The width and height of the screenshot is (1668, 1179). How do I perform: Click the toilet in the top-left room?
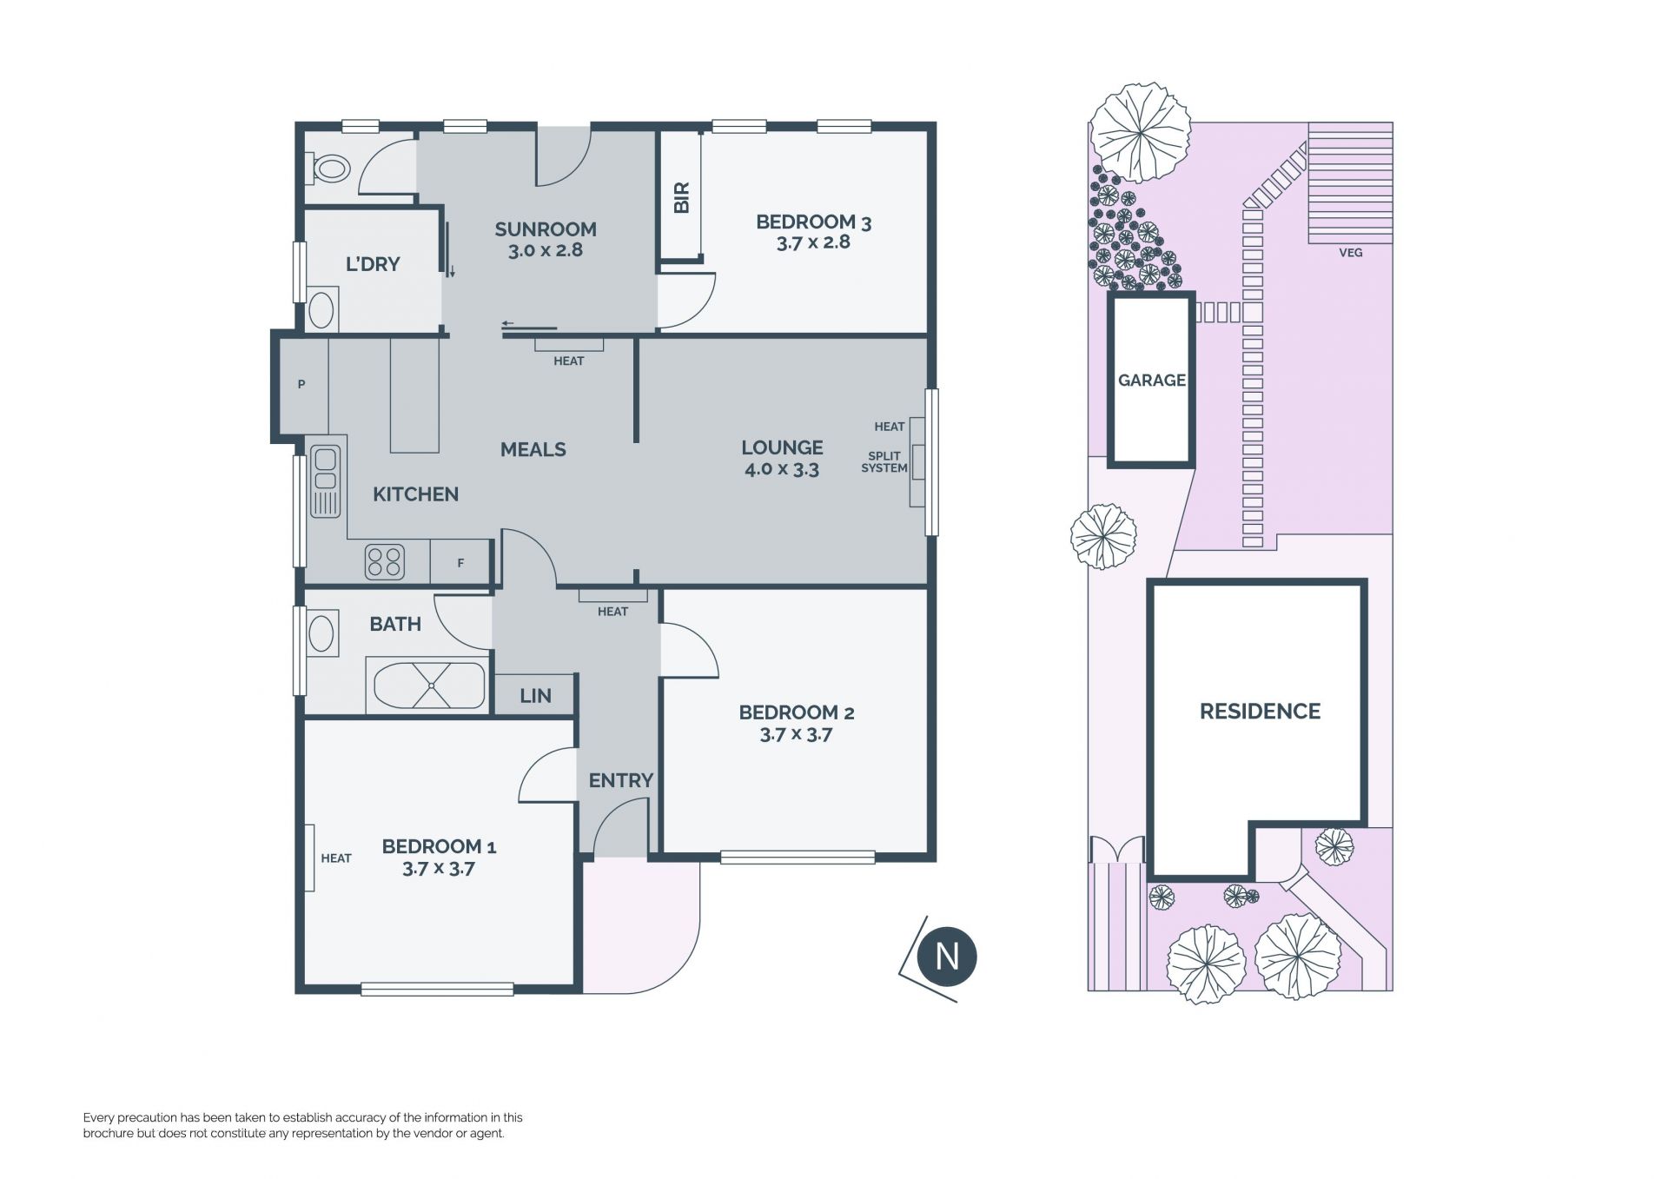[x=328, y=169]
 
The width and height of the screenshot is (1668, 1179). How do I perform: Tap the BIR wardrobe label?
[x=682, y=197]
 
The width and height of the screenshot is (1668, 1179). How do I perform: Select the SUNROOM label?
[x=546, y=229]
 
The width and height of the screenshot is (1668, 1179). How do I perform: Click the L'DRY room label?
[x=373, y=264]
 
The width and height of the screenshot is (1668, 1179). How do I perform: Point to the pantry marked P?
[x=301, y=384]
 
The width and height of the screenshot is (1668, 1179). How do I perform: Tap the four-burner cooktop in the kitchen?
[x=385, y=561]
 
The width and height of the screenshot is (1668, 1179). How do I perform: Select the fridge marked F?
[x=461, y=562]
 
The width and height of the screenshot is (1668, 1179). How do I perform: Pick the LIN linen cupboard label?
[x=535, y=696]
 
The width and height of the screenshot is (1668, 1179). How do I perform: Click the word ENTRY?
[x=620, y=780]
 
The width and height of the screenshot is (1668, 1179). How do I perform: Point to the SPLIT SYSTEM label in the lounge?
[x=884, y=461]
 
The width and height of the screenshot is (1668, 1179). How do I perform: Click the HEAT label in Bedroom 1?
[x=336, y=858]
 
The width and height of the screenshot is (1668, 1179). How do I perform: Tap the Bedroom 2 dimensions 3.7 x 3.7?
[x=796, y=735]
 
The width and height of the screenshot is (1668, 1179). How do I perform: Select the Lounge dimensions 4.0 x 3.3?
[x=782, y=470]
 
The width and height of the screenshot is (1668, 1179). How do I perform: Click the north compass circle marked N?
[x=947, y=957]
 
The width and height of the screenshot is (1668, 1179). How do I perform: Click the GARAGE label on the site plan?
[x=1152, y=380]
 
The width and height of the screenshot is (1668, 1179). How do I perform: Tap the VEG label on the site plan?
[x=1351, y=253]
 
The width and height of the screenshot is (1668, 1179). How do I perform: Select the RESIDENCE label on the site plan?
[x=1260, y=712]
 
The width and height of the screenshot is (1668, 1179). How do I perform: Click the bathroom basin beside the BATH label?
[x=321, y=633]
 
